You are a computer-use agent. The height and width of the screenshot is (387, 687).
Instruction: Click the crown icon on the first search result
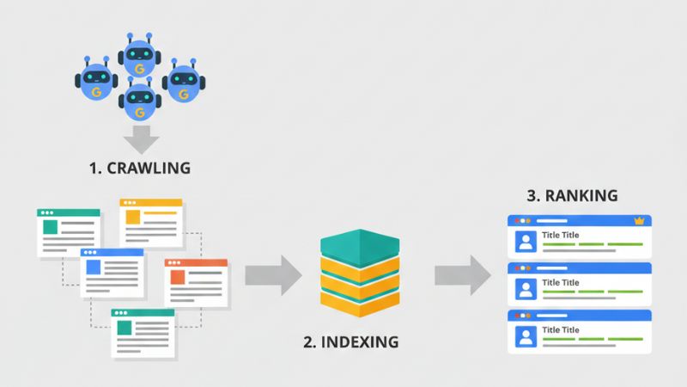pos(638,221)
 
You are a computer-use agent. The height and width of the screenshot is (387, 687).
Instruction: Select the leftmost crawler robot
pos(93,82)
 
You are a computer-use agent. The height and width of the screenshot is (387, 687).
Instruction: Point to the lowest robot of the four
pos(138,101)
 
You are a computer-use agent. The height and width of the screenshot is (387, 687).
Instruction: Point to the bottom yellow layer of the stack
pos(361,300)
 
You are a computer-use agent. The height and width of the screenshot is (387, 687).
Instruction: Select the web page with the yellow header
pos(150,224)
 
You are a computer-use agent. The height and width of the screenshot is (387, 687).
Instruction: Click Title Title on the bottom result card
pos(561,330)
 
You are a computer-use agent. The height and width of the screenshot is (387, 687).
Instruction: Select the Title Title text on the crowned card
pos(561,236)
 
